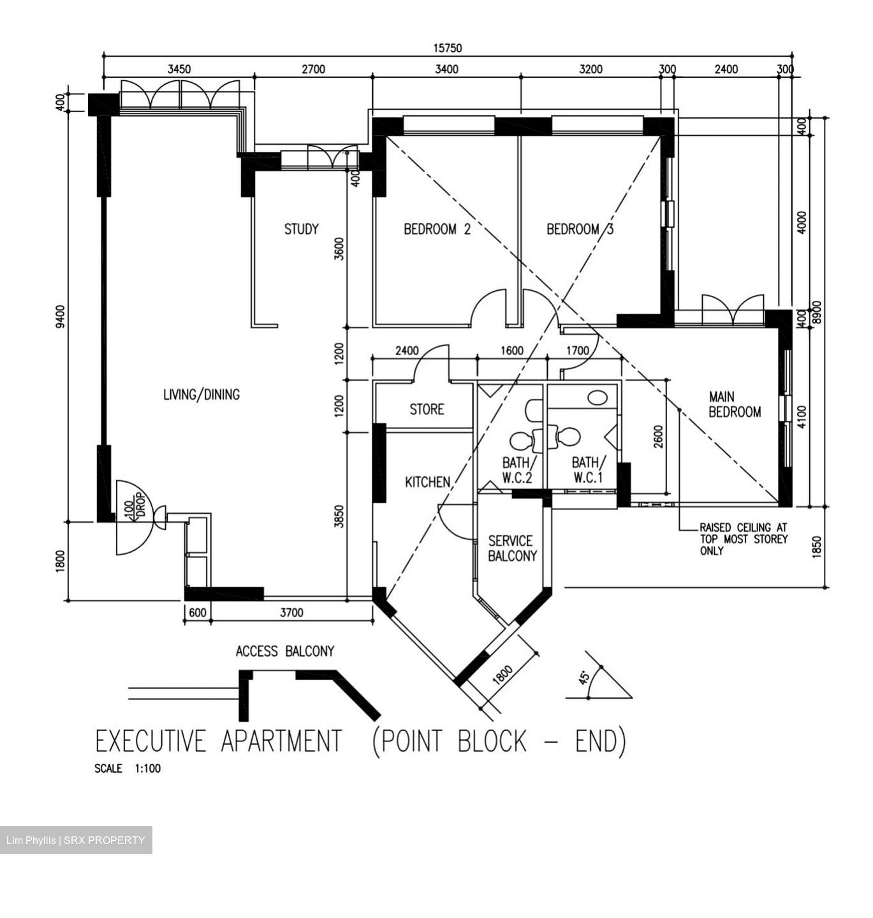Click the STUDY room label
point(301,229)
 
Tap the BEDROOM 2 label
point(437,229)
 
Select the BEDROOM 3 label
point(580,229)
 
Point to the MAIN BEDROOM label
point(735,405)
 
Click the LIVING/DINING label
point(202,395)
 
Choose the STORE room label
point(427,409)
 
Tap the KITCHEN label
point(427,483)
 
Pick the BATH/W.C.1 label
point(586,470)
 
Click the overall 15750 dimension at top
point(448,48)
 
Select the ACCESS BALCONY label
point(285,652)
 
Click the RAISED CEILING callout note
point(743,539)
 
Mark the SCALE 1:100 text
point(128,769)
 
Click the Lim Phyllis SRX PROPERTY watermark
point(76,840)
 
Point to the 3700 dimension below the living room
point(291,613)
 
